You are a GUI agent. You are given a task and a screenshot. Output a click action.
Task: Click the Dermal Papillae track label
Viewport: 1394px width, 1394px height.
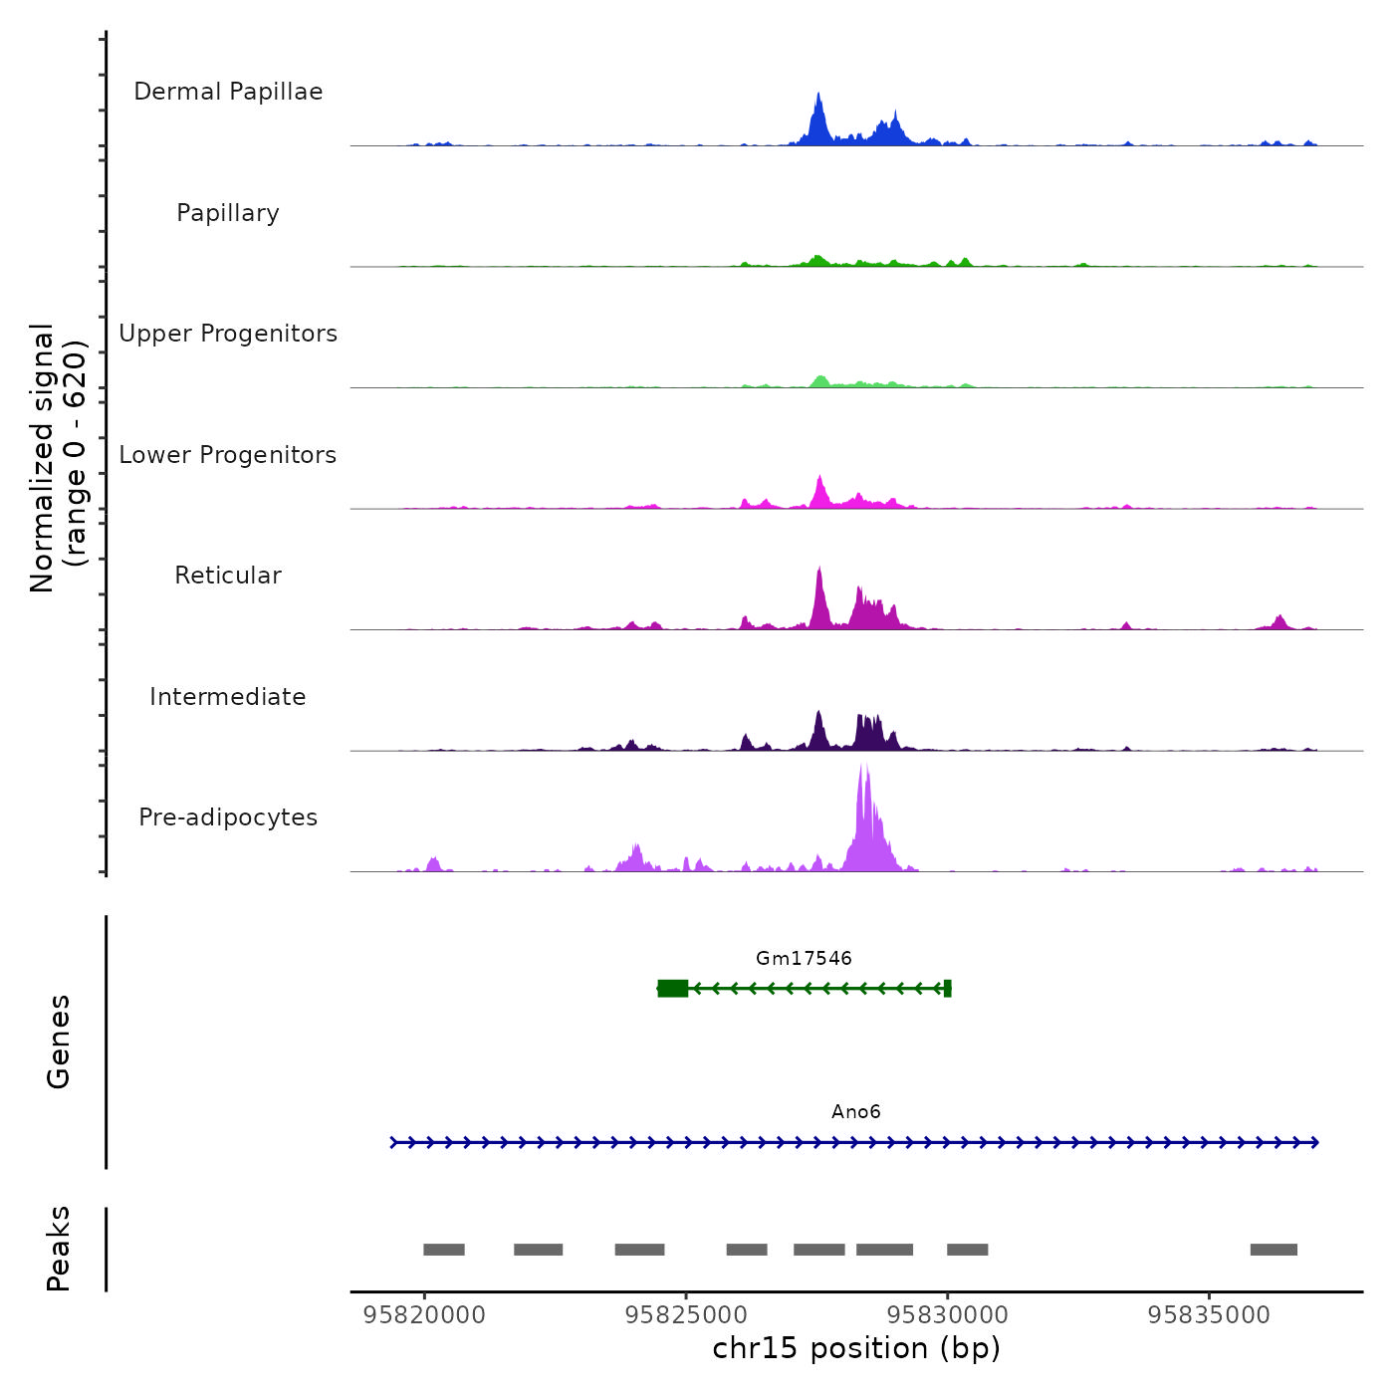coord(228,92)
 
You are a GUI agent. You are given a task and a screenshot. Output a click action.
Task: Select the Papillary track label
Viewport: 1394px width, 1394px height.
coord(228,213)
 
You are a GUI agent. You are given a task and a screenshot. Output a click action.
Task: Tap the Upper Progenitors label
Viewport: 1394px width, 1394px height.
coord(228,334)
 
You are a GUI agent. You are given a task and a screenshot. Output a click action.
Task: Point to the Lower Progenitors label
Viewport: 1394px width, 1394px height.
coord(228,455)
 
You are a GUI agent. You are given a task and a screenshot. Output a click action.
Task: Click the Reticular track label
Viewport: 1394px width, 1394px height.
coord(228,576)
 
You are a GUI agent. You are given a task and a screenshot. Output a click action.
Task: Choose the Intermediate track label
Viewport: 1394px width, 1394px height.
coord(228,697)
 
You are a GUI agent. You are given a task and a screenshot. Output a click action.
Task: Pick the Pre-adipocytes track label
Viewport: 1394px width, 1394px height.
coord(228,817)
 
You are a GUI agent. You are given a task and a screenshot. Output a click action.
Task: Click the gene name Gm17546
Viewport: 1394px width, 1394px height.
coord(804,958)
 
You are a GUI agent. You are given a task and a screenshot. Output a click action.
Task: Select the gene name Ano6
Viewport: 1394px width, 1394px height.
coord(856,1111)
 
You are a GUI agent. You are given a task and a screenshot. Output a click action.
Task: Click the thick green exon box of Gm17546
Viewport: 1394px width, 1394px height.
coord(673,988)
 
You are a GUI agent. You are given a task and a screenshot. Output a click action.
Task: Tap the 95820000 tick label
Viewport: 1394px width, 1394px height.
coord(424,1315)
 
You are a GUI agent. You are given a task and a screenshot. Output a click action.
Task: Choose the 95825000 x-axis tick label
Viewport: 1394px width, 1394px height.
coord(686,1315)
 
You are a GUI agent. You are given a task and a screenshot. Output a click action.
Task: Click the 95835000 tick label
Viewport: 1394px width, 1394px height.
coord(1209,1315)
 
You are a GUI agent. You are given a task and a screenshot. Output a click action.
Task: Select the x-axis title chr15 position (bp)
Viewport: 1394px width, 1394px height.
coord(856,1348)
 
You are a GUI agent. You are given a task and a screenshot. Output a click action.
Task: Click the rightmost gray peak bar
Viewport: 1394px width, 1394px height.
coord(1274,1250)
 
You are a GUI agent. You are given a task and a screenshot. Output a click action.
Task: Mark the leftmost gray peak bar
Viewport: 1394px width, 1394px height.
coord(444,1250)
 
